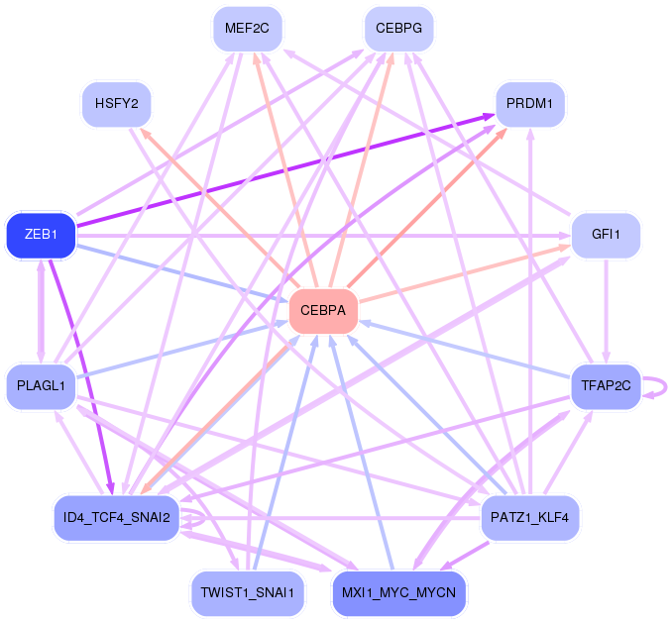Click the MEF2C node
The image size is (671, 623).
[247, 28]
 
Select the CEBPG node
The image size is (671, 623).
[398, 28]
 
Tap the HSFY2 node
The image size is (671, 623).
[116, 103]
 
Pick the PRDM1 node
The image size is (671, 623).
[530, 103]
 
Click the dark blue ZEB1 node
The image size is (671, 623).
[41, 235]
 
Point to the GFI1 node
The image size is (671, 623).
[606, 235]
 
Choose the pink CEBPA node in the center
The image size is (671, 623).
[323, 311]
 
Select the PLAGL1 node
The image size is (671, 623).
[41, 385]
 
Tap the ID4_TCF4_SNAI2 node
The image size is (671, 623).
[116, 517]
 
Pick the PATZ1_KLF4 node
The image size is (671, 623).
[530, 517]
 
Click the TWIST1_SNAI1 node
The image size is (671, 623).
[247, 593]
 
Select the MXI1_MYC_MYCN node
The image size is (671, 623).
[398, 593]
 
